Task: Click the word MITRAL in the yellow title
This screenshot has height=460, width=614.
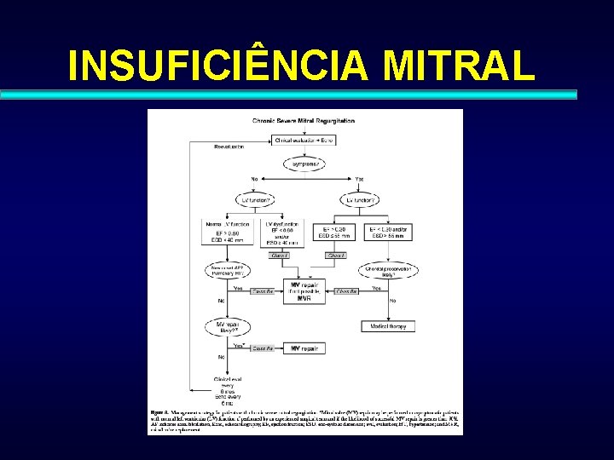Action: coord(460,65)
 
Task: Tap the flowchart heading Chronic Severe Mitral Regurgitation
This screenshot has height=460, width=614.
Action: coord(304,121)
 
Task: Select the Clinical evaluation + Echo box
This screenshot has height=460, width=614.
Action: coord(304,140)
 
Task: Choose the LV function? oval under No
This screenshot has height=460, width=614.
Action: coord(254,199)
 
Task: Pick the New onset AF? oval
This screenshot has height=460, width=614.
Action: coord(226,272)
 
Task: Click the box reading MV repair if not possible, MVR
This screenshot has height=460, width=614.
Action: coord(304,290)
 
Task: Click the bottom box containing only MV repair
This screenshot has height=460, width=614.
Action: coord(304,348)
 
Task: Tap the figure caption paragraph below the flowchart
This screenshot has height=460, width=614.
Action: coord(304,419)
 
